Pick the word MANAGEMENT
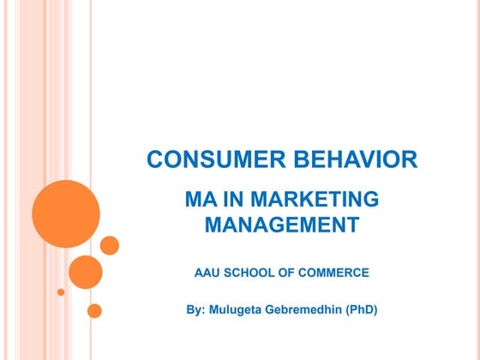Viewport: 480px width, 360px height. (282, 226)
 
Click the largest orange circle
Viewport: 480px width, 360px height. (66, 213)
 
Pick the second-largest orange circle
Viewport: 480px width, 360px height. (85, 272)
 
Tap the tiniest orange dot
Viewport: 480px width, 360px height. (61, 291)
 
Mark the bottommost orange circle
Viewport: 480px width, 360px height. (94, 310)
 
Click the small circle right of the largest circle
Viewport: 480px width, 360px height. (110, 245)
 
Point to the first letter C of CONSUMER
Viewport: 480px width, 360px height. (154, 159)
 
